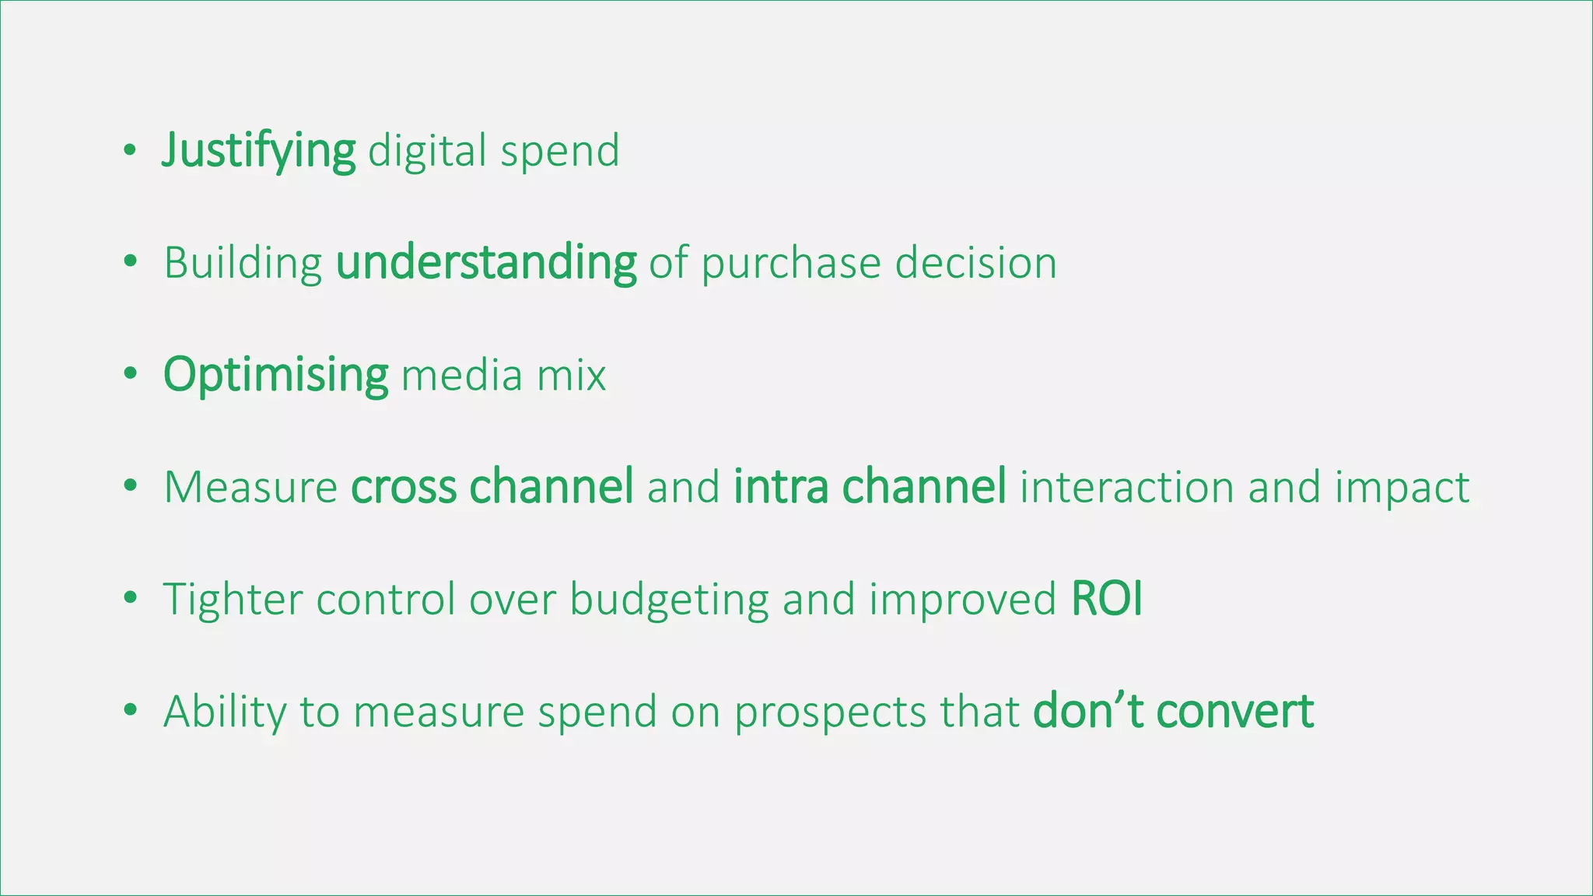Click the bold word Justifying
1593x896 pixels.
pyautogui.click(x=258, y=151)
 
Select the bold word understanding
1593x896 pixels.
pyautogui.click(x=486, y=263)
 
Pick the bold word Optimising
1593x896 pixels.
pyautogui.click(x=275, y=375)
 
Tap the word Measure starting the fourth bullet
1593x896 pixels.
pyautogui.click(x=250, y=488)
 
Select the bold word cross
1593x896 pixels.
pyautogui.click(x=403, y=488)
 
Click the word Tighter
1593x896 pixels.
pyautogui.click(x=233, y=600)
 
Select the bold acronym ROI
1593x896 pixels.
pyautogui.click(x=1106, y=600)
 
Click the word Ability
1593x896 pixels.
pyautogui.click(x=225, y=712)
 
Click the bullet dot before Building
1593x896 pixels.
pyautogui.click(x=130, y=263)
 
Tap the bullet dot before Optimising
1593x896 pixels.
pyautogui.click(x=130, y=375)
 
